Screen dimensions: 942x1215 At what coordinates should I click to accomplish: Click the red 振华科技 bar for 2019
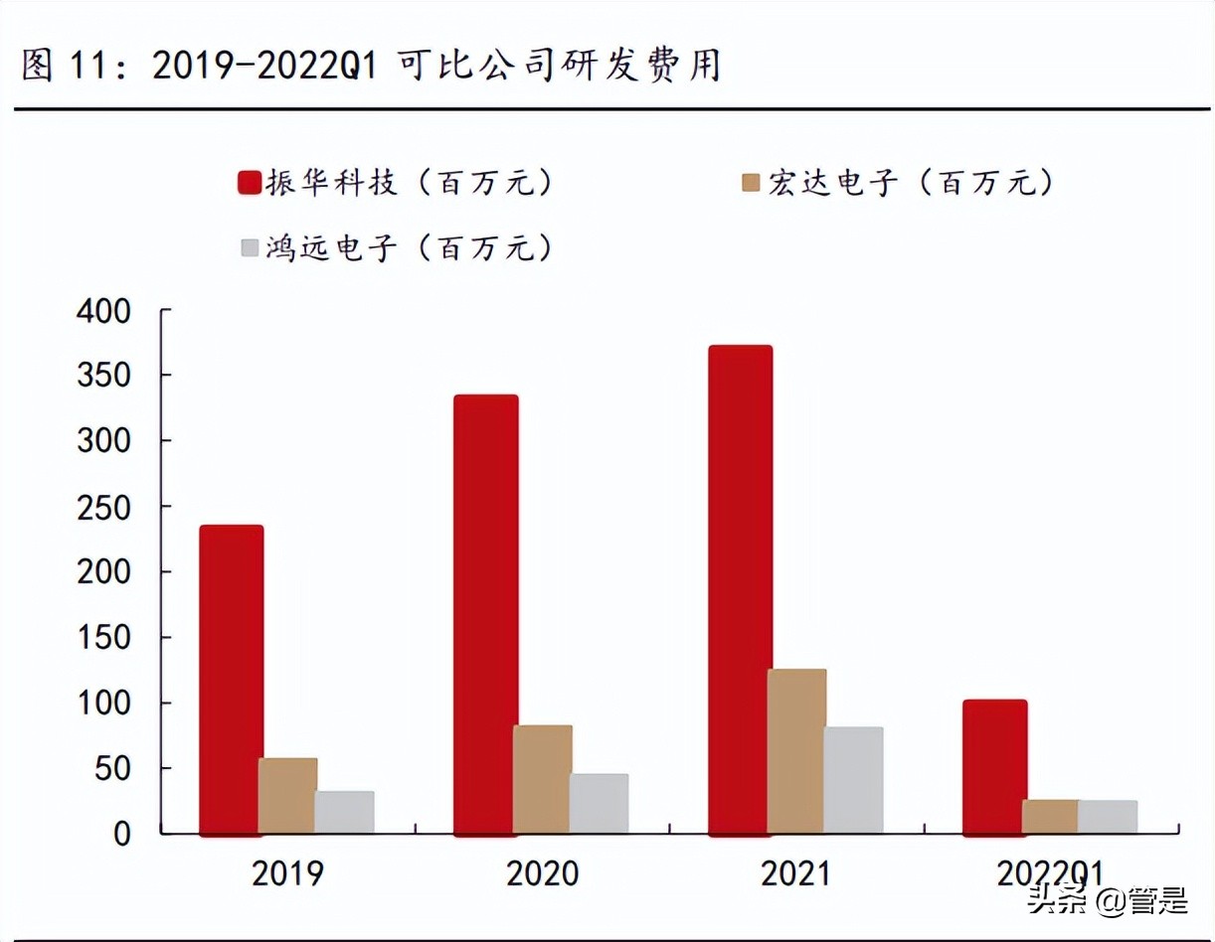(232, 680)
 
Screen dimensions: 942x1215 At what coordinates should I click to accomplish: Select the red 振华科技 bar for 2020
(486, 614)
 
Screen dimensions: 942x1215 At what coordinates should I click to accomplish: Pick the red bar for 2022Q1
(994, 766)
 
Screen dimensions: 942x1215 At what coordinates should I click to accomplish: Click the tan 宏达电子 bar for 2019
(288, 795)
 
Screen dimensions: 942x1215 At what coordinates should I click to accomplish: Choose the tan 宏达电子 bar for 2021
(796, 751)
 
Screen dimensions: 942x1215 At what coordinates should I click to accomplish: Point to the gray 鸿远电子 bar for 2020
(599, 803)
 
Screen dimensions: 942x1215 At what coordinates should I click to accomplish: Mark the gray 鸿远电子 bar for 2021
(853, 780)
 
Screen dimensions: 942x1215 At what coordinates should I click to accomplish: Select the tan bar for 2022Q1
(1050, 816)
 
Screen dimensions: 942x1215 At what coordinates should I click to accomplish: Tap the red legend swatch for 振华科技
(249, 184)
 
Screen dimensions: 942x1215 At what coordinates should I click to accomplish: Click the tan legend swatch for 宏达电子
(750, 184)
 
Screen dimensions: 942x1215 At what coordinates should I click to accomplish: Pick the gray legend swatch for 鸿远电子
(249, 247)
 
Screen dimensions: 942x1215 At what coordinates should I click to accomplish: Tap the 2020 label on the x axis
(542, 874)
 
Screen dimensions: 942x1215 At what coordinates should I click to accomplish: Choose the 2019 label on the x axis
(287, 874)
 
